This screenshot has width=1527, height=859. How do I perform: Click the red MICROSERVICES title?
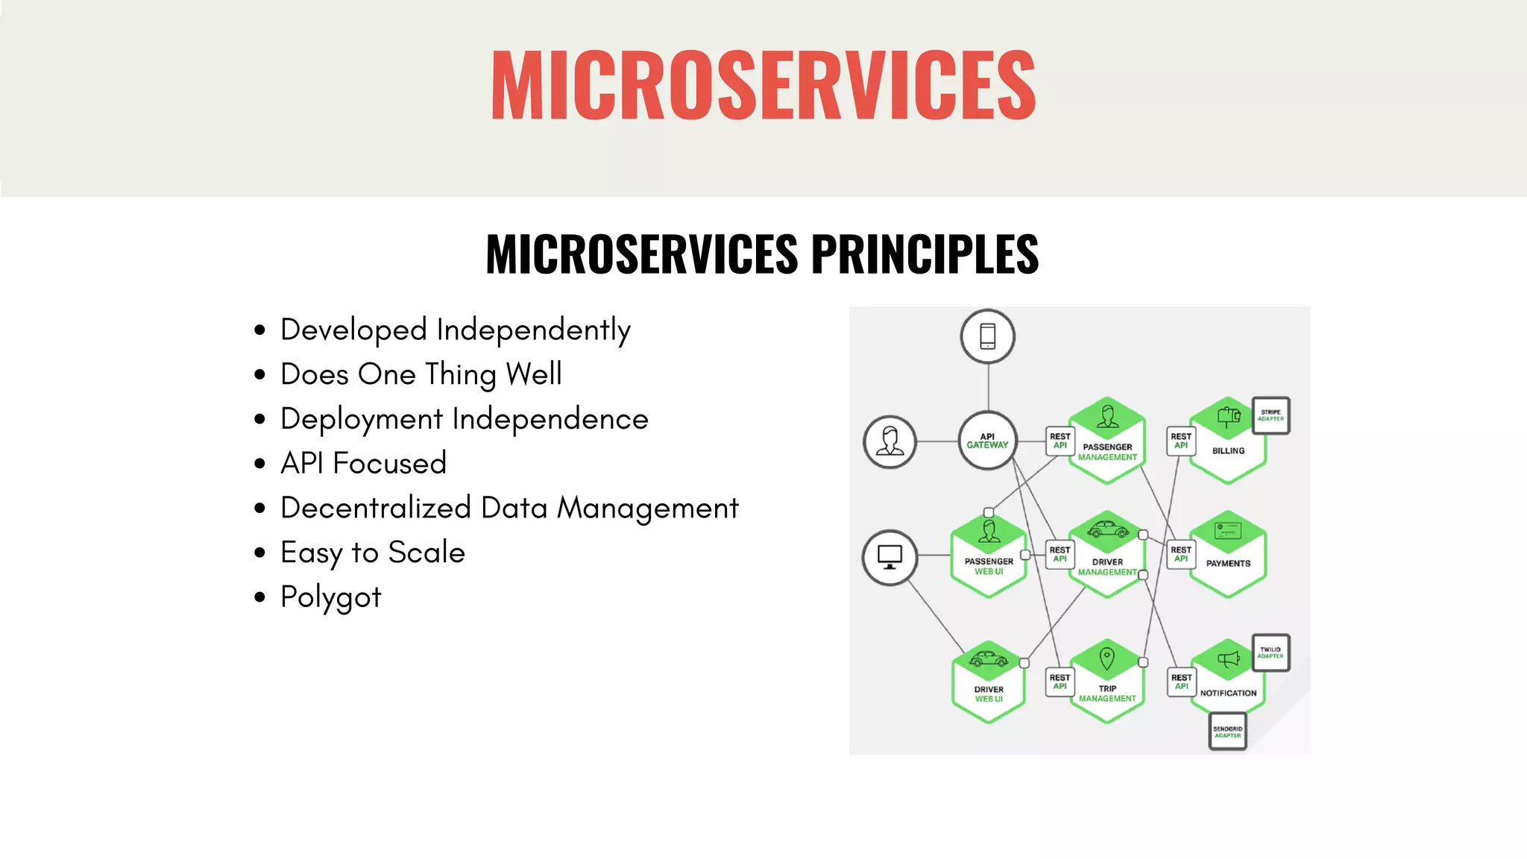[x=763, y=84]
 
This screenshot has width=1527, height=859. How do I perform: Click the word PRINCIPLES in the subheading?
[x=925, y=254]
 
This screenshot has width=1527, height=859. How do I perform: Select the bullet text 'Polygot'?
[x=330, y=597]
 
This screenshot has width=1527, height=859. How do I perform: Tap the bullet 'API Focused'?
[x=363, y=463]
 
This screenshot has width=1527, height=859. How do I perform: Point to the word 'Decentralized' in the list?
[x=376, y=508]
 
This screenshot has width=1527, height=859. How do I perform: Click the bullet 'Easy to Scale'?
[x=372, y=553]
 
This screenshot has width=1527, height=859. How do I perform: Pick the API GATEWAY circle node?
[x=987, y=441]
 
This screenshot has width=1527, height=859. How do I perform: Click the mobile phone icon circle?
[x=987, y=336]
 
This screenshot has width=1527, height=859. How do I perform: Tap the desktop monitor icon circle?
[x=890, y=557]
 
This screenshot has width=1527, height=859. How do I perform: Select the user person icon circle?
[x=890, y=441]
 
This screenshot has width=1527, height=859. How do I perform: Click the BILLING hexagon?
[x=1227, y=441]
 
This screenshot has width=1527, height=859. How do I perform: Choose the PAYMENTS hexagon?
[x=1227, y=555]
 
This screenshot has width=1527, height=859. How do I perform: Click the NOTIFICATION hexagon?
[x=1227, y=682]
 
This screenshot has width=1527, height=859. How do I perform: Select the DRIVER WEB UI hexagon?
[x=989, y=682]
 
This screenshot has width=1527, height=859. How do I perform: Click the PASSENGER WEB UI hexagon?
[x=989, y=556]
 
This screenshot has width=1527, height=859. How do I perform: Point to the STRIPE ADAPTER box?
[x=1271, y=415]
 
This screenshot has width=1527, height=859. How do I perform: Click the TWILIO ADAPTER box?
[x=1271, y=652]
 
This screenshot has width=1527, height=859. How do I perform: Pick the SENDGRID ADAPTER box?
[x=1227, y=731]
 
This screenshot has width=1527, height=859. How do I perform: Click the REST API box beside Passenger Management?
[x=1060, y=441]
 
